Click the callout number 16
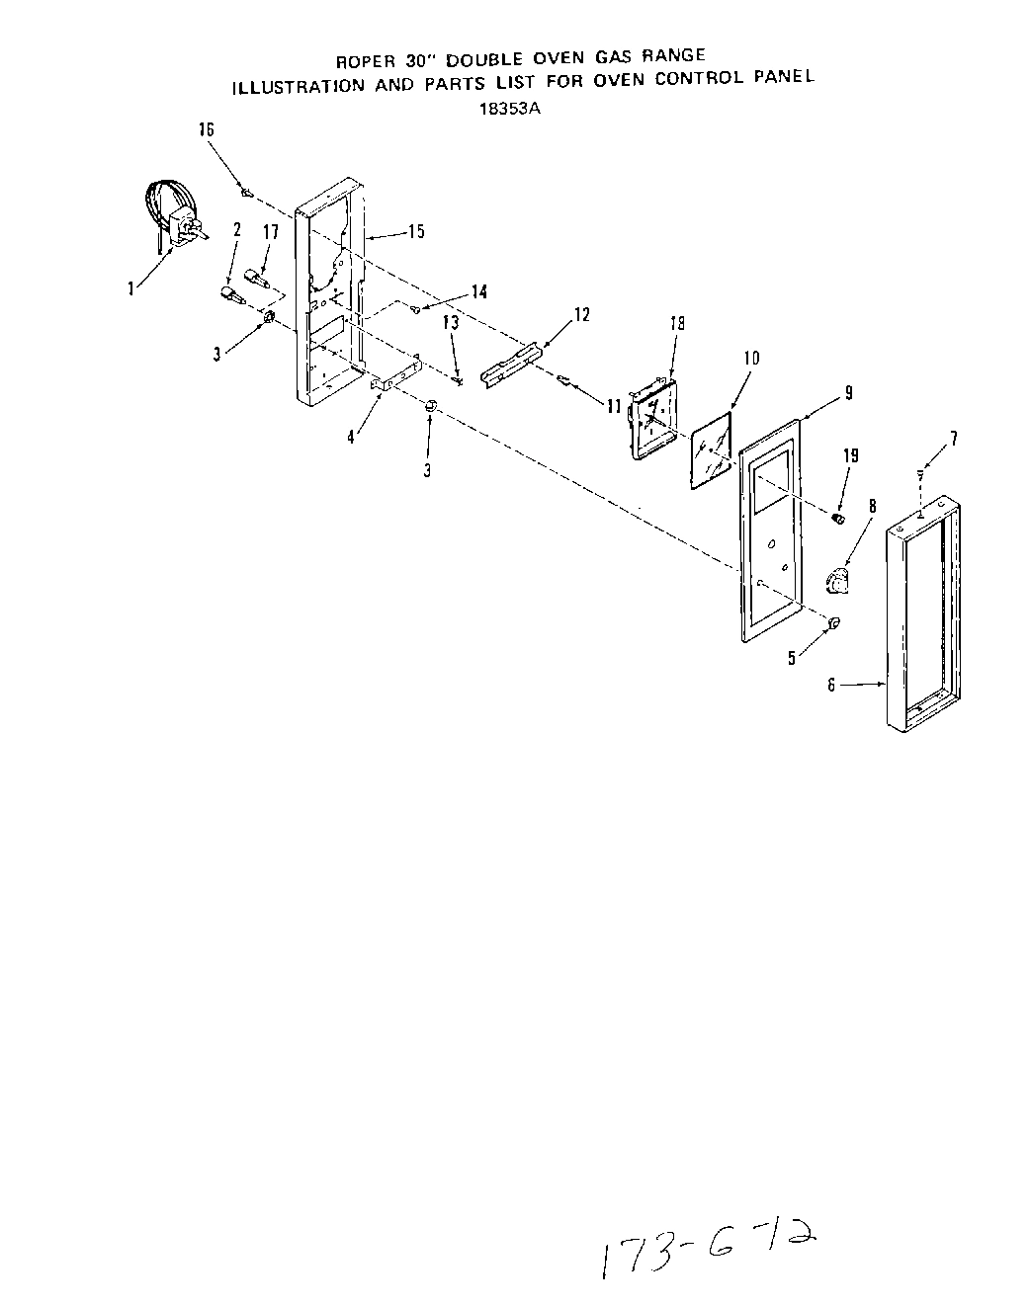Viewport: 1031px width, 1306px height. point(207,130)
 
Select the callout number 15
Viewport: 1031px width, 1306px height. point(416,231)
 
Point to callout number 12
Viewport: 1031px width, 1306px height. point(581,314)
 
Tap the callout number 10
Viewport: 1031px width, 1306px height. point(751,358)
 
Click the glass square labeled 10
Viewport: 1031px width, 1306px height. point(712,450)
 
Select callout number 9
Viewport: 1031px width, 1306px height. point(848,392)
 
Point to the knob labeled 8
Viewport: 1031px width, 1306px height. point(837,582)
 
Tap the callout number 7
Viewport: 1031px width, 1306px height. point(954,439)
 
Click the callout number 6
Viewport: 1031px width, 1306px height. point(832,684)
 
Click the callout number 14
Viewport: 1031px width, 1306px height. point(478,291)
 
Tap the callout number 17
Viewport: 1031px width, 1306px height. point(270,232)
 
